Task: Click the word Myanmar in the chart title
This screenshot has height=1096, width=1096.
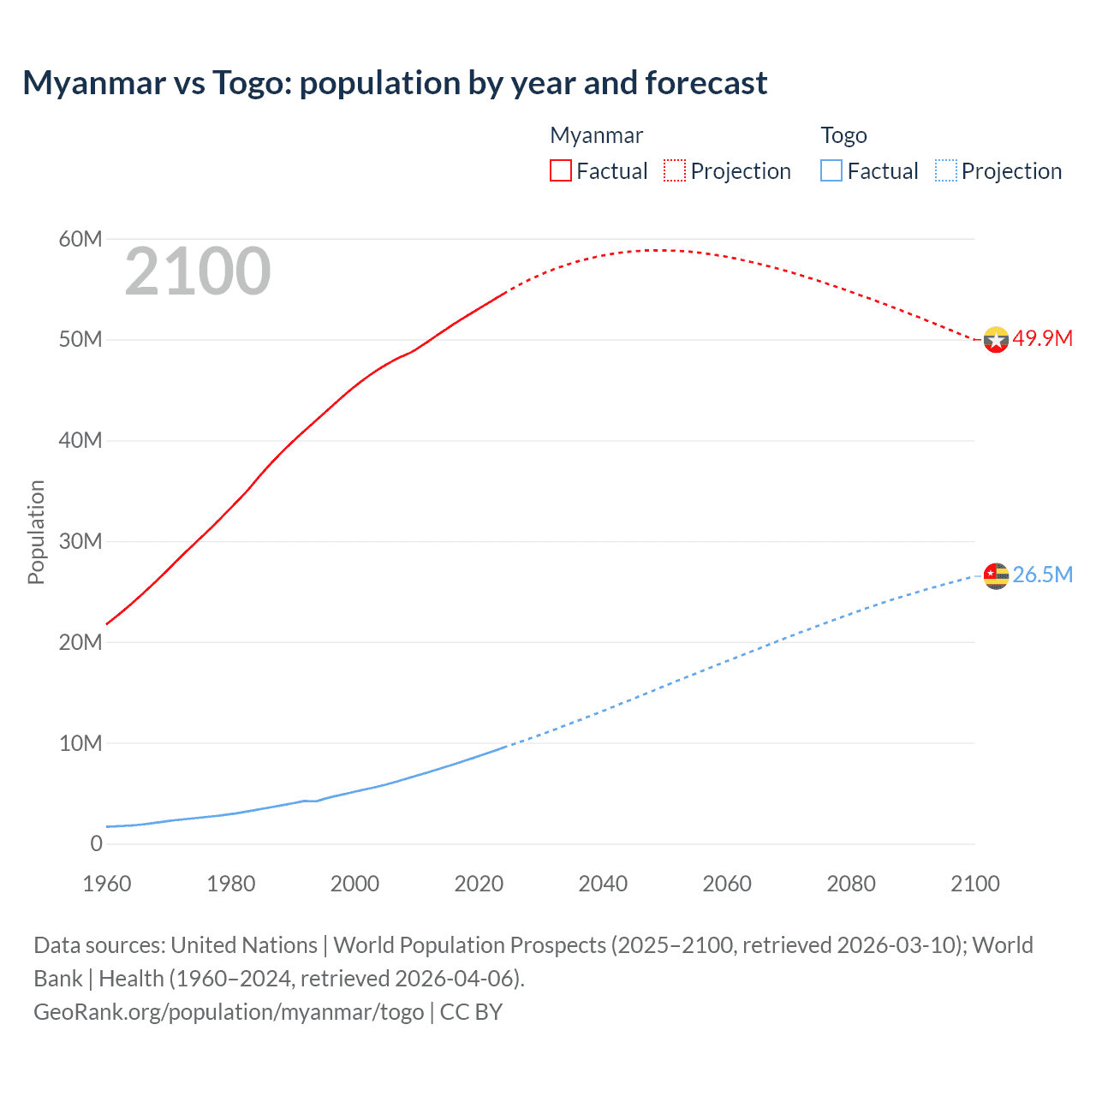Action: (94, 83)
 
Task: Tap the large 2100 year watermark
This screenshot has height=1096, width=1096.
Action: (198, 271)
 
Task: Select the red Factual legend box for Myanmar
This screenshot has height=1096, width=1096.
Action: (561, 170)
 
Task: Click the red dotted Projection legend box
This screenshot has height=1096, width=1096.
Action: (675, 170)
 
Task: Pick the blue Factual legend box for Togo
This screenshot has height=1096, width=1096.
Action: (831, 170)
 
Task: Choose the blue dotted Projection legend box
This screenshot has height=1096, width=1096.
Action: (945, 170)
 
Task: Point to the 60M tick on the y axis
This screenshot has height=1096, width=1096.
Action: (80, 239)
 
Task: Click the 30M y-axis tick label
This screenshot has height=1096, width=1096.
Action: (80, 541)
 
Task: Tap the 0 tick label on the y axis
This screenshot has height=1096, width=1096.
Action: (96, 843)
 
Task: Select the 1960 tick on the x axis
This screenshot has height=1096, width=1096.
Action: (107, 884)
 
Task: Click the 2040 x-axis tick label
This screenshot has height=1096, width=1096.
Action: (603, 884)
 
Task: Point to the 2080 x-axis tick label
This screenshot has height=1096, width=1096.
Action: (851, 884)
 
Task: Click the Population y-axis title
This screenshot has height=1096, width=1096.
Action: (36, 532)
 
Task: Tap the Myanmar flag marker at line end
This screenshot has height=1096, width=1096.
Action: (996, 340)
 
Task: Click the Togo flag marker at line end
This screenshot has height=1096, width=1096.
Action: (996, 576)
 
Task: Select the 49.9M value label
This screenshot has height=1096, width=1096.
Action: (1042, 338)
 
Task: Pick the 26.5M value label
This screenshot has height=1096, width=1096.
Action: (1042, 575)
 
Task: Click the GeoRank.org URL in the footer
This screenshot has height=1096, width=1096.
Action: (229, 1012)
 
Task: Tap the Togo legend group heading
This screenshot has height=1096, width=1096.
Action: (843, 135)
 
